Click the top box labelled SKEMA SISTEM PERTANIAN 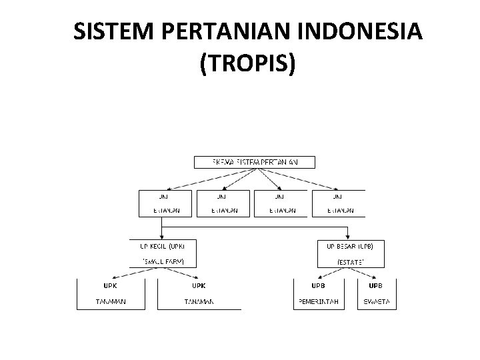254,162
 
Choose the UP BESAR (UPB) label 355,246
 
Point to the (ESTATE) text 351,262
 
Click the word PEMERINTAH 319,302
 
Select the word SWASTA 377,302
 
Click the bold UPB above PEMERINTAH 319,285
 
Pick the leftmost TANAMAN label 110,302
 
